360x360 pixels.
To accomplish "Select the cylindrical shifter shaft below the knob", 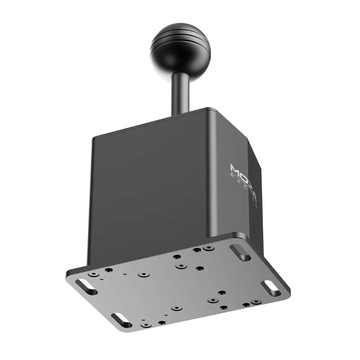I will pos(180,92).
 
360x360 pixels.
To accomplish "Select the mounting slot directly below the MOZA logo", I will pos(240,253).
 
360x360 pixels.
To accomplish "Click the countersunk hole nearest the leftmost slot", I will pos(94,274).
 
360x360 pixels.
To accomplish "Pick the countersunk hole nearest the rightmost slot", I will pos(256,302).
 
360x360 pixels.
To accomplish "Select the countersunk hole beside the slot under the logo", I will pos(208,248).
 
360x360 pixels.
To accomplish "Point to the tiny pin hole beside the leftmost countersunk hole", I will pos(102,278).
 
